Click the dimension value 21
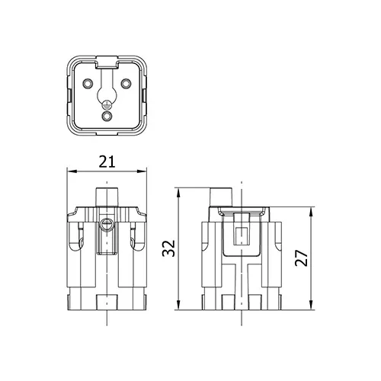tap(107, 162)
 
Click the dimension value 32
tap(168, 248)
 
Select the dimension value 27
tap(302, 258)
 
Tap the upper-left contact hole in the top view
tap(88, 83)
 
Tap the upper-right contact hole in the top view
tap(126, 83)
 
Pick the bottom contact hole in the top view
tap(107, 117)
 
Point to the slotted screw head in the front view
tap(107, 224)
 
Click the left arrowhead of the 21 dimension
tap(72, 171)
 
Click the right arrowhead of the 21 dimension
tap(142, 171)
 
